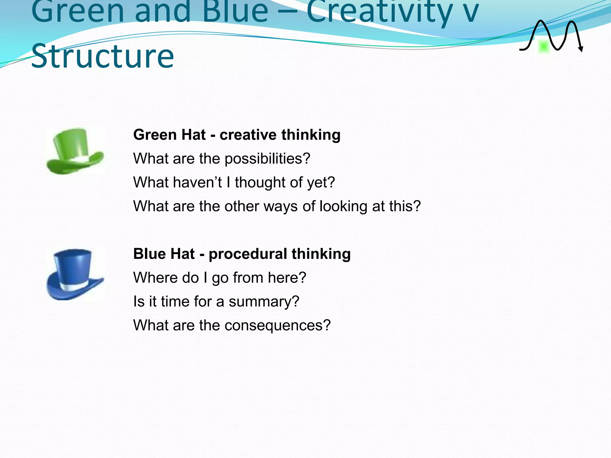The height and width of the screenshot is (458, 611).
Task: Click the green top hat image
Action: pyautogui.click(x=75, y=151)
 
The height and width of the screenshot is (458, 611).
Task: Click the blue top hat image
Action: pyautogui.click(x=75, y=274)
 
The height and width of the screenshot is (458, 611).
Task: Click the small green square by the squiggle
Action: pyautogui.click(x=544, y=47)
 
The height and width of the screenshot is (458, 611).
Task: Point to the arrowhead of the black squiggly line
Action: pyautogui.click(x=581, y=49)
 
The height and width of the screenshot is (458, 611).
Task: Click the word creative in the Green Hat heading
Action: pyautogui.click(x=248, y=135)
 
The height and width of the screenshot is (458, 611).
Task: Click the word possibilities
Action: pyautogui.click(x=267, y=159)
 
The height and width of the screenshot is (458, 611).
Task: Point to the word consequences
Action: pyautogui.click(x=277, y=325)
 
